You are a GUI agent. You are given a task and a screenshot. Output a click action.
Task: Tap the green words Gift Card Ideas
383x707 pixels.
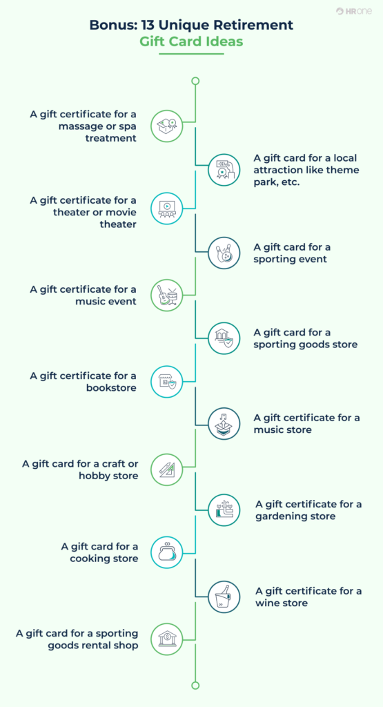pyautogui.click(x=191, y=41)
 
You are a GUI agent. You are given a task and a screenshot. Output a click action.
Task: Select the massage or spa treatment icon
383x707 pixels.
pyautogui.click(x=167, y=126)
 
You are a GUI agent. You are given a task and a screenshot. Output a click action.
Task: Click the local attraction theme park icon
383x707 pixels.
pyautogui.click(x=224, y=168)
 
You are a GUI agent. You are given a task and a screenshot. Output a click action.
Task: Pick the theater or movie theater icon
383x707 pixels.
pyautogui.click(x=167, y=209)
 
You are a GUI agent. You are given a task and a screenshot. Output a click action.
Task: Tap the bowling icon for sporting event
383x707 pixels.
pyautogui.click(x=224, y=253)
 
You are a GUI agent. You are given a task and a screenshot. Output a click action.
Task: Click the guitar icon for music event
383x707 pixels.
pyautogui.click(x=167, y=296)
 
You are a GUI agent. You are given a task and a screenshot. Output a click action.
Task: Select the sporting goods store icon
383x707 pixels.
pyautogui.click(x=224, y=338)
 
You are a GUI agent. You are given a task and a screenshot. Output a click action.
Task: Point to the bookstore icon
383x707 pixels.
pyautogui.click(x=167, y=382)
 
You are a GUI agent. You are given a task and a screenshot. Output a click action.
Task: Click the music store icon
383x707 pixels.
pyautogui.click(x=224, y=424)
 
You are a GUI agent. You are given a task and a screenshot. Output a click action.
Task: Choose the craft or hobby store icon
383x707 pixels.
pyautogui.click(x=167, y=469)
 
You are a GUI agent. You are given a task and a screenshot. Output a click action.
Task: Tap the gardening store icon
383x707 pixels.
pyautogui.click(x=224, y=510)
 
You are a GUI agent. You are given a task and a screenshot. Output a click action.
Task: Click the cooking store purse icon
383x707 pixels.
pyautogui.click(x=167, y=552)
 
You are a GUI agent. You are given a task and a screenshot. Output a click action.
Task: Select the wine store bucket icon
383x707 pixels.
pyautogui.click(x=224, y=597)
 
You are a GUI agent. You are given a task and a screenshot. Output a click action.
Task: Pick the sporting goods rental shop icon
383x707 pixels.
pyautogui.click(x=167, y=639)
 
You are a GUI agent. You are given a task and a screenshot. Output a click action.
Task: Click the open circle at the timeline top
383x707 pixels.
pyautogui.click(x=195, y=81)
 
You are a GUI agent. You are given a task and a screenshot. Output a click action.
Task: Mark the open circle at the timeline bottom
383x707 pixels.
pyautogui.click(x=195, y=685)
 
